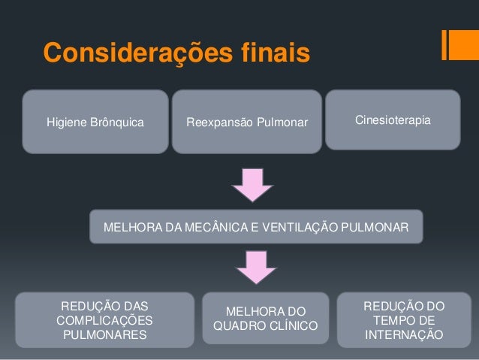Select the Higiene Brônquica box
(x=95, y=122)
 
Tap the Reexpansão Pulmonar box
(x=247, y=122)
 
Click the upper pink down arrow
(x=252, y=185)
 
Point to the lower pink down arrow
(x=256, y=267)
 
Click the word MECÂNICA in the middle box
(x=218, y=227)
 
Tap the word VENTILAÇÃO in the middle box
(x=311, y=227)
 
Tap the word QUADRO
(x=239, y=326)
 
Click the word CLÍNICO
(x=294, y=326)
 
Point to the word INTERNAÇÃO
(x=403, y=334)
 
